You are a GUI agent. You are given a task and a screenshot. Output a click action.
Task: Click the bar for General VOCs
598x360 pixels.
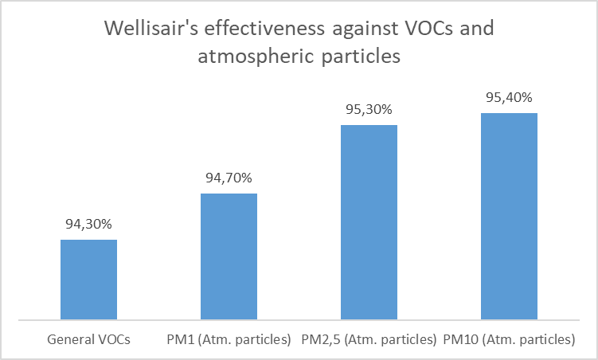89,280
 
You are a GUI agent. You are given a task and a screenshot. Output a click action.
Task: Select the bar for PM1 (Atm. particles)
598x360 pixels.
229,256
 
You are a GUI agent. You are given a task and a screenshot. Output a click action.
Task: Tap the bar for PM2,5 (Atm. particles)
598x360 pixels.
369,222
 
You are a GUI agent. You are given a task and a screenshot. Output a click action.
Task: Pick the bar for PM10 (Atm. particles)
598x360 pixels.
509,217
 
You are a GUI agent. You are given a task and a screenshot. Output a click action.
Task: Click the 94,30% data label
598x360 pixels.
89,225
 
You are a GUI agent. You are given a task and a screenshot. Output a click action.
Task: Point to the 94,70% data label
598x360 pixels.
229,178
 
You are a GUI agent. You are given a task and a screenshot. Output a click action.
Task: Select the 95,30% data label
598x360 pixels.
369,110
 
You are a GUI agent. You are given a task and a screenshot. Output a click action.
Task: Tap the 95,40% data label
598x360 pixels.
509,98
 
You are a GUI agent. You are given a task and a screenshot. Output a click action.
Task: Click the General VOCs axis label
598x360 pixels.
89,339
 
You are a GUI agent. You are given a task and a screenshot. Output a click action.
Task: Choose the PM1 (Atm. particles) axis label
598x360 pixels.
229,339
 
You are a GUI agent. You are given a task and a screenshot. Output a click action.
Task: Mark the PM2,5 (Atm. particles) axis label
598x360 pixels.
369,339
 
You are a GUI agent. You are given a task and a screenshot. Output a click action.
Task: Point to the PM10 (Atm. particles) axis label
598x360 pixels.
509,339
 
